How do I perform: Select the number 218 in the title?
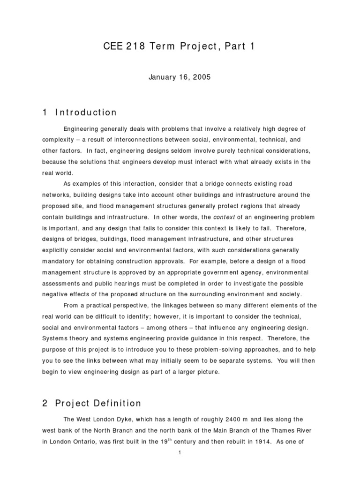tap(135, 46)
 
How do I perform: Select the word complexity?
tap(59, 139)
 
